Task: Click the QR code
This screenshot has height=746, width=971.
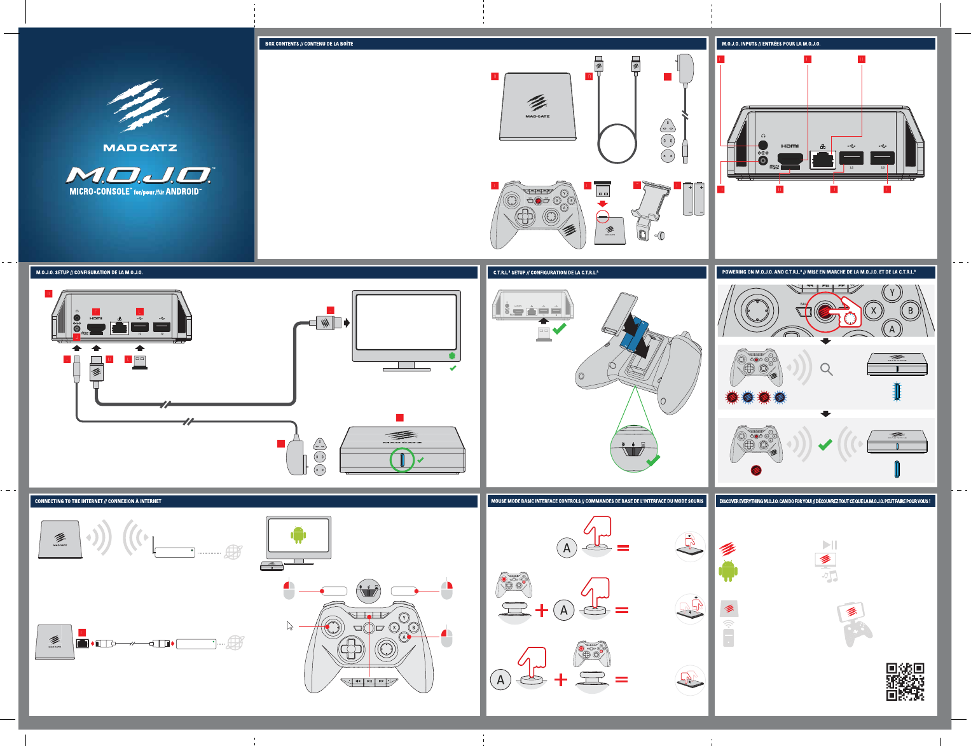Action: coord(905,681)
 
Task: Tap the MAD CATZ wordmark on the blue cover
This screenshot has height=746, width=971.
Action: coord(140,148)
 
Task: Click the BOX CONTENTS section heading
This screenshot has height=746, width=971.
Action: coord(309,44)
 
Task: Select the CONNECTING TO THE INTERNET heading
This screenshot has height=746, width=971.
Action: coord(98,501)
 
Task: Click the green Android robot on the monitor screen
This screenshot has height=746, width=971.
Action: coord(298,535)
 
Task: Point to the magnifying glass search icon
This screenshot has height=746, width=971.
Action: coord(827,369)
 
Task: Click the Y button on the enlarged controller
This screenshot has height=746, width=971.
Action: coord(892,293)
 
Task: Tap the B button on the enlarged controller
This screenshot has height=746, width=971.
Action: coord(911,310)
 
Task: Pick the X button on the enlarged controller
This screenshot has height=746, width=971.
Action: coord(874,310)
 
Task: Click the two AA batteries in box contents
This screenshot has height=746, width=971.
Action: coord(694,199)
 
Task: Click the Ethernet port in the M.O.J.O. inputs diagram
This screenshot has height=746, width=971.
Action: coord(823,159)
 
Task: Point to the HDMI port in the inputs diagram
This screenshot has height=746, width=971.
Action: coord(790,160)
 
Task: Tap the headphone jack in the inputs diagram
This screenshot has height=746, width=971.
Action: coord(763,145)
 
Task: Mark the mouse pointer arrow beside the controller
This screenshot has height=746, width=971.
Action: coord(290,626)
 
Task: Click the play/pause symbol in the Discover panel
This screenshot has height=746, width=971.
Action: coord(830,544)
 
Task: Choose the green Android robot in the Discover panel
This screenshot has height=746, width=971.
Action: coord(728,571)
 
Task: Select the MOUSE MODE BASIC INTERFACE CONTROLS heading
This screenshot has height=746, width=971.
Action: coord(597,501)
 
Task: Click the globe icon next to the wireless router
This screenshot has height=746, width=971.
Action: coord(233,552)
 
